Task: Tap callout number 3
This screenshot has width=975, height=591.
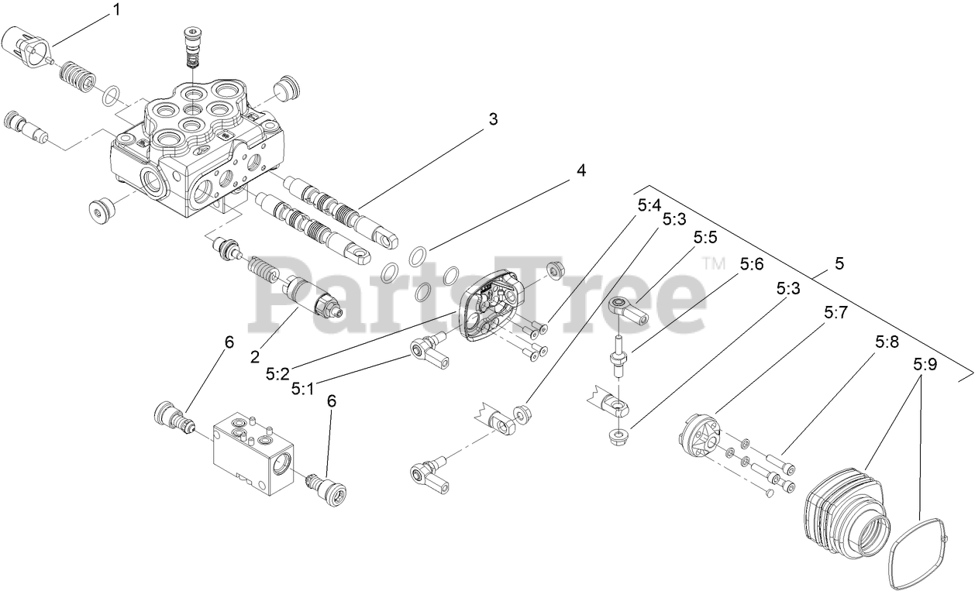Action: click(492, 119)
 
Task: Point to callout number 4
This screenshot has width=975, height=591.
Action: click(581, 170)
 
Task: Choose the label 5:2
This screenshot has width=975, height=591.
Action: click(277, 373)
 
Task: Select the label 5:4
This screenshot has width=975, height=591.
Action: click(649, 206)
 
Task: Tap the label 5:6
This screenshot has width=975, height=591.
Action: click(751, 264)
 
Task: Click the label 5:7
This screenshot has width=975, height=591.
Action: click(836, 313)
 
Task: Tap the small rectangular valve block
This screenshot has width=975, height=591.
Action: click(253, 452)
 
